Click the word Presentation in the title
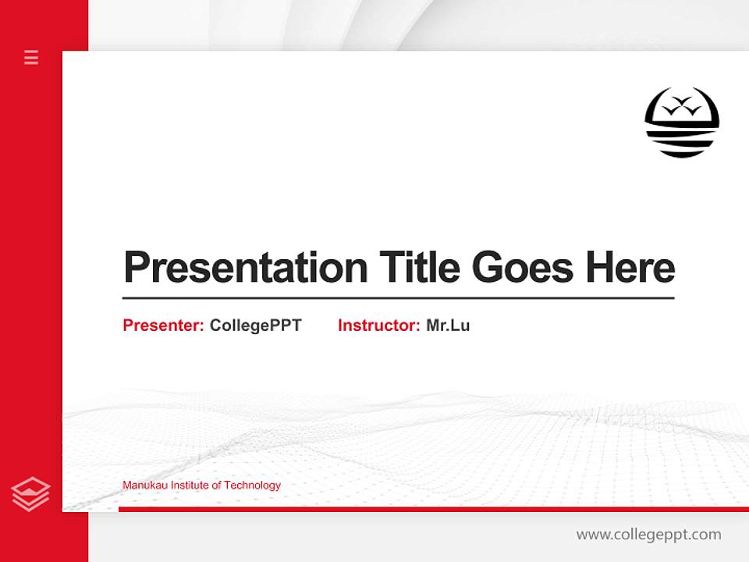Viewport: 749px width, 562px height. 245,268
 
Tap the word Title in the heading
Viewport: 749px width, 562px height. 419,268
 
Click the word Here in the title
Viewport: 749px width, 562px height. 630,268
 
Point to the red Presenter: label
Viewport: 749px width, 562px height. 163,325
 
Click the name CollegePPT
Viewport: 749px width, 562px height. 255,325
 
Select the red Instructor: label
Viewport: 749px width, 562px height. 378,325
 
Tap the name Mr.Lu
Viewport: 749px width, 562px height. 448,325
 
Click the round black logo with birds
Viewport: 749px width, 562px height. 681,123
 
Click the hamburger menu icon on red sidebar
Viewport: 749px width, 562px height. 31,57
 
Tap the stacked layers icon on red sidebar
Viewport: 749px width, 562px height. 31,494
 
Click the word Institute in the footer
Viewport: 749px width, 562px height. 189,486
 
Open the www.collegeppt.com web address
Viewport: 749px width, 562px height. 648,535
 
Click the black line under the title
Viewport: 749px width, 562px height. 398,297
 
